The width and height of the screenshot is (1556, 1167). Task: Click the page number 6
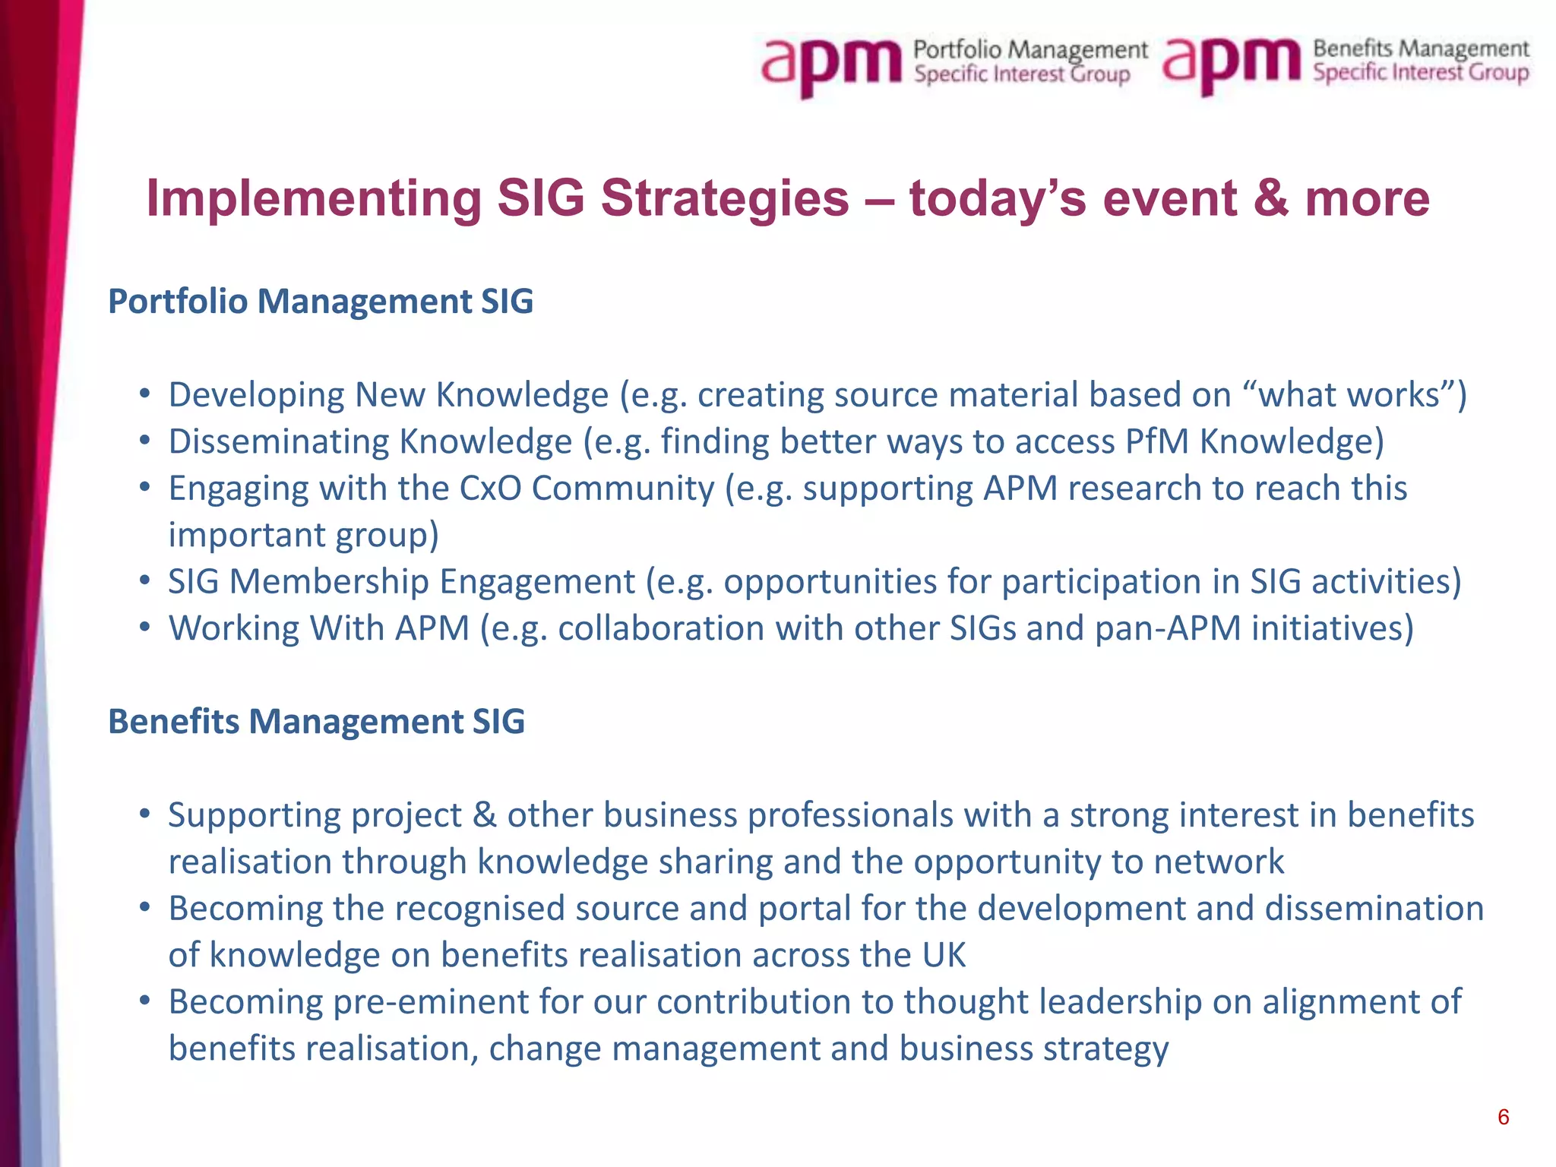pyautogui.click(x=1503, y=1117)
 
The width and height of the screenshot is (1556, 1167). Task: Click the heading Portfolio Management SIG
pyautogui.click(x=321, y=302)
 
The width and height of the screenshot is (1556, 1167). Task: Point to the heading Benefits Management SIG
pyautogui.click(x=316, y=722)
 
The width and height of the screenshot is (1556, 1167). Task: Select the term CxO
pyautogui.click(x=490, y=489)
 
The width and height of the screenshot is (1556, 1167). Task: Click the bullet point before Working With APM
pyautogui.click(x=144, y=628)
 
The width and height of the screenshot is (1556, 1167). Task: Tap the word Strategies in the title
pyautogui.click(x=725, y=198)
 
